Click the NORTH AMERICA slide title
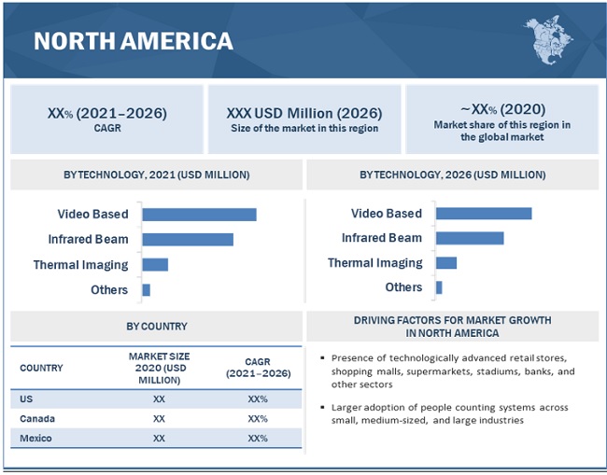coord(133,41)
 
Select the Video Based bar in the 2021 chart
coord(199,215)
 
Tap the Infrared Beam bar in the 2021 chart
coord(188,240)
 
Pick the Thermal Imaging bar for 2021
coord(155,265)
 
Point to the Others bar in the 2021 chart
coord(147,290)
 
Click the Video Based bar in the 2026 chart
coord(484,214)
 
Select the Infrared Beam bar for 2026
coord(470,238)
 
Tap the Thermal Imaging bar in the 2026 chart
coord(446,263)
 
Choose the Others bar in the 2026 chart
coord(439,287)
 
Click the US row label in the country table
coord(26,398)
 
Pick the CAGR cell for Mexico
coord(258,439)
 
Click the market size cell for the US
coord(159,398)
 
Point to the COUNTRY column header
coord(42,368)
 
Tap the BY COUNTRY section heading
coord(157,327)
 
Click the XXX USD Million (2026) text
coord(304,113)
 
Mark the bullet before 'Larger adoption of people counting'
coord(321,408)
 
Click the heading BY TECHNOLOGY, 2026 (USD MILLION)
coord(453,175)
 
